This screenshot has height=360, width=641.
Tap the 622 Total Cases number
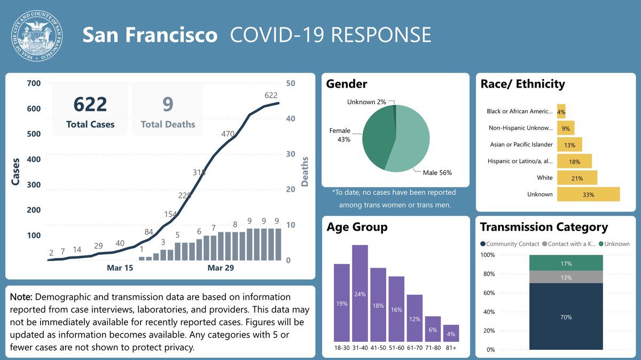pos(90,104)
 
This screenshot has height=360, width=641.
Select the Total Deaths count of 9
pos(168,104)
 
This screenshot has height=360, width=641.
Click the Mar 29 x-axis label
pos(221,268)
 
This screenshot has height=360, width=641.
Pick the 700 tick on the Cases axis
pos(33,83)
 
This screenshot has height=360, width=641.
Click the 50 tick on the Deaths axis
pos(292,83)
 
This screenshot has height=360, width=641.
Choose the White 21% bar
pos(577,178)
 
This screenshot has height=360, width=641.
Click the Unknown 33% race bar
pos(588,194)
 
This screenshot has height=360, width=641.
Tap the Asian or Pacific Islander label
pos(521,145)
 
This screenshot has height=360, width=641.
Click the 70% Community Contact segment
pos(566,317)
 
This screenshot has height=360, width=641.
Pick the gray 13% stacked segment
pos(566,277)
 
